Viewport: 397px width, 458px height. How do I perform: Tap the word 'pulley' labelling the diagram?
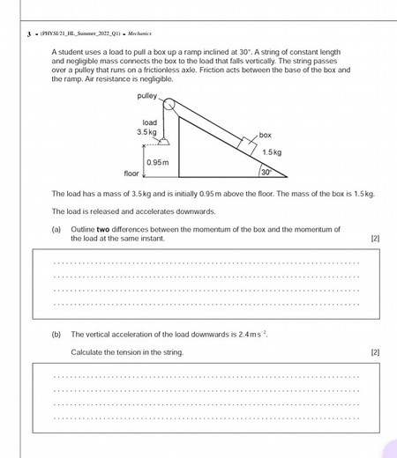(x=147, y=95)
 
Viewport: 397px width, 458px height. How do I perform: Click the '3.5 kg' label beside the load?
(x=146, y=131)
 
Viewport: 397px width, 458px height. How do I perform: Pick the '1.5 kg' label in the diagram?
(x=272, y=152)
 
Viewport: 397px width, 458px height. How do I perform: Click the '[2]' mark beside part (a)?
(x=375, y=238)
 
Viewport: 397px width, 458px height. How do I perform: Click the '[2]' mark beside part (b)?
(x=375, y=352)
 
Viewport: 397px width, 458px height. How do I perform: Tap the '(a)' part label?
(x=56, y=229)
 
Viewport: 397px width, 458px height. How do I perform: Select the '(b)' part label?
(x=56, y=335)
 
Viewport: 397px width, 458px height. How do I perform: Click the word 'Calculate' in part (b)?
(x=86, y=352)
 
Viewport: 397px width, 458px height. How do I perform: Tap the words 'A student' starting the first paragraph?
(x=67, y=55)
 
